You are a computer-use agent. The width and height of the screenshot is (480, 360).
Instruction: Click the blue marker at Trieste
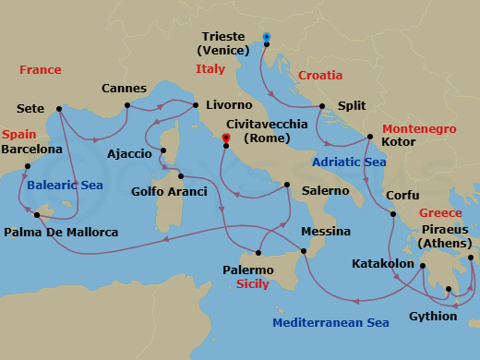[266, 38]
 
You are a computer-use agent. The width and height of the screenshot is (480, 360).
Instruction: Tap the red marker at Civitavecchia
[224, 140]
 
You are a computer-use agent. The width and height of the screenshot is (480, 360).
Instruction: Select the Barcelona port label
[32, 149]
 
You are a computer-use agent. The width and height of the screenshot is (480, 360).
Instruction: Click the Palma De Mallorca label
[61, 233]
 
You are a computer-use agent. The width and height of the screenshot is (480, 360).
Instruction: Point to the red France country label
[41, 69]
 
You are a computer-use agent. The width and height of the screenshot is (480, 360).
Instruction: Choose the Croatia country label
[319, 75]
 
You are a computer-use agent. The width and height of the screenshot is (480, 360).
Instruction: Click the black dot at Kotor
[369, 138]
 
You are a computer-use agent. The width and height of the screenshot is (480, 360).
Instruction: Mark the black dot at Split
[322, 105]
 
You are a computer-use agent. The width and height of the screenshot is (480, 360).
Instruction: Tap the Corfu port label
[402, 196]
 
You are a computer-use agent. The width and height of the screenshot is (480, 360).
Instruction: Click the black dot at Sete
[60, 108]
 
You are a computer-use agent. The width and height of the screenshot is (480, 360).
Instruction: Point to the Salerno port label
[320, 190]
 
